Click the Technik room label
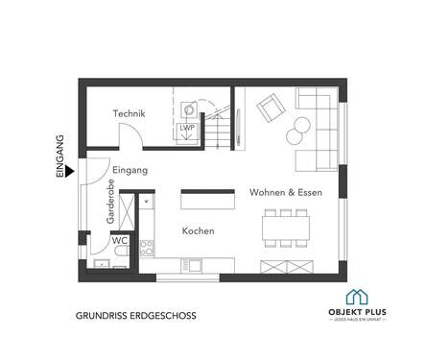point(129,114)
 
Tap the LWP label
point(186,128)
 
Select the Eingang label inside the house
point(130,170)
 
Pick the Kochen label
point(198,231)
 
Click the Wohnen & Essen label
point(286,192)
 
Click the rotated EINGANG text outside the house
point(59,156)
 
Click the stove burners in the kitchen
point(148,246)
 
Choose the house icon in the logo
point(358,298)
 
